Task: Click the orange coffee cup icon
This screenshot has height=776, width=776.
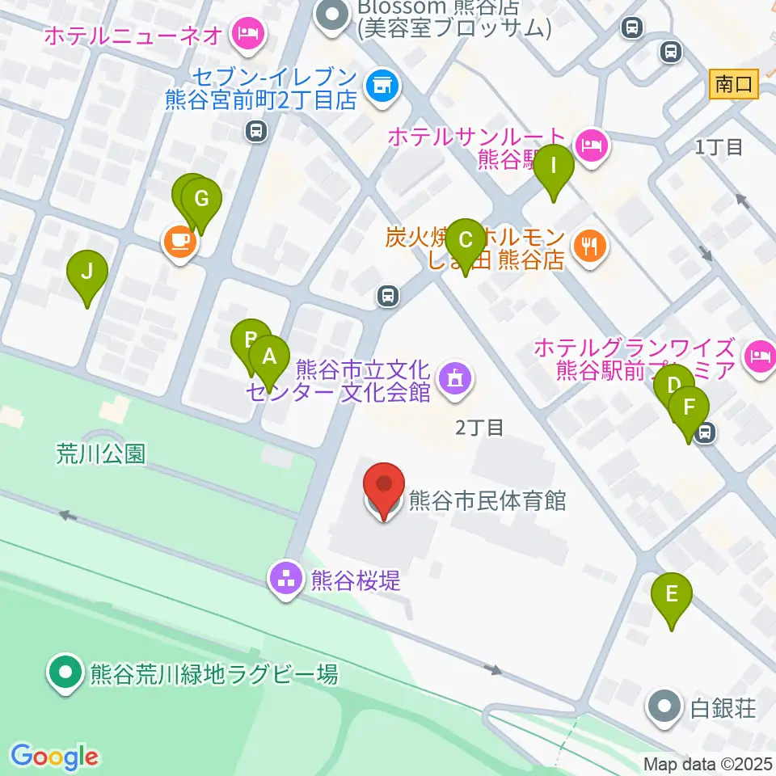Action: coord(178,240)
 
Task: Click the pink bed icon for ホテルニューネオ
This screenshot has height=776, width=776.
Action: coord(244,34)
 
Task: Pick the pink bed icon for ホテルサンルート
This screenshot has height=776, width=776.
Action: coord(593,145)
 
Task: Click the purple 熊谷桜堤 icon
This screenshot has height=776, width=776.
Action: coord(285,579)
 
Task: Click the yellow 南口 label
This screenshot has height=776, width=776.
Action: coord(734,84)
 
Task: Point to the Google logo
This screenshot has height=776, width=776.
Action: coord(54,756)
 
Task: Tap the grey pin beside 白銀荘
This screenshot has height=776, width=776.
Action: coord(664,707)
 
